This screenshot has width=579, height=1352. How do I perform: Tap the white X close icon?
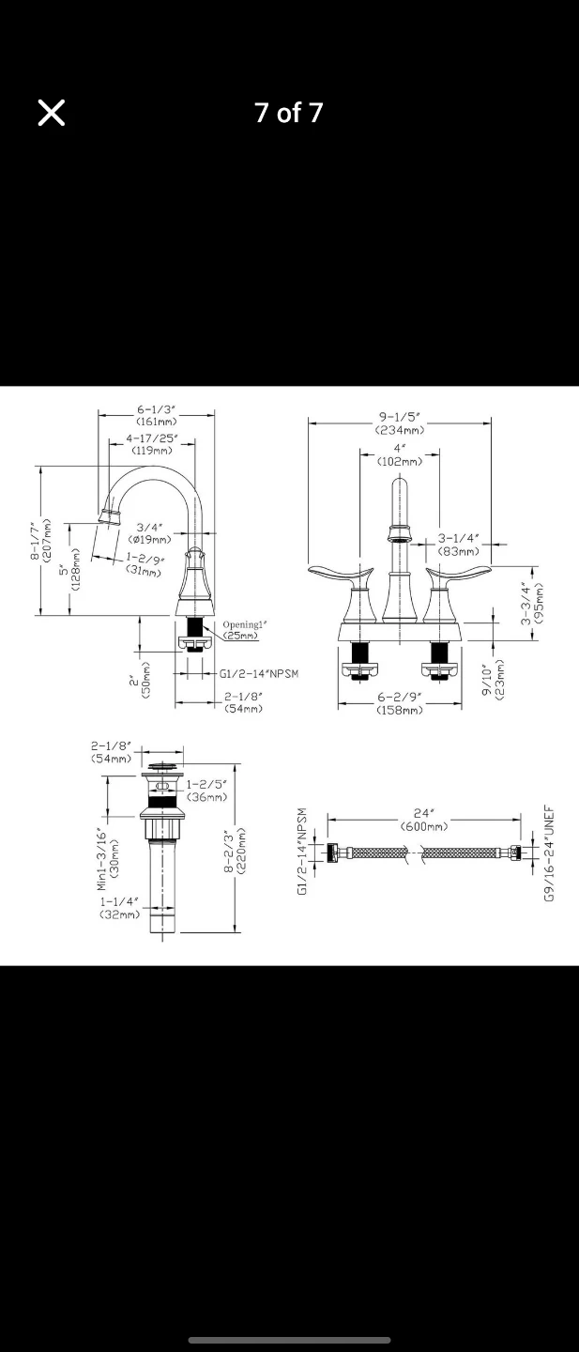[x=52, y=113]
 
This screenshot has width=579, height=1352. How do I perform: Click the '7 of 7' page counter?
[x=289, y=113]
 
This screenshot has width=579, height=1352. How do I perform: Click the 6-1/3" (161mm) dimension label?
[x=157, y=416]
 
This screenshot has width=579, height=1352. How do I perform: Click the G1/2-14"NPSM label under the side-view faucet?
[x=259, y=674]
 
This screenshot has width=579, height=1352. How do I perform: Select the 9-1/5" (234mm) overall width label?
[x=400, y=423]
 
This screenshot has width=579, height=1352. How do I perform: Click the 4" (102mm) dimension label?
[x=400, y=454]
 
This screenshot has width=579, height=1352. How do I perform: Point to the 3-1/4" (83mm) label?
[x=458, y=545]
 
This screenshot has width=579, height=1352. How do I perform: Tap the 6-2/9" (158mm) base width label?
[x=400, y=703]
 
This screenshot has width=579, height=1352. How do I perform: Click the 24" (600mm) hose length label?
[x=423, y=820]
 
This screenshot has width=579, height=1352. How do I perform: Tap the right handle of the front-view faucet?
[x=458, y=574]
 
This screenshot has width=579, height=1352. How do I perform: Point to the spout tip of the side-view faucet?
[x=109, y=515]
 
